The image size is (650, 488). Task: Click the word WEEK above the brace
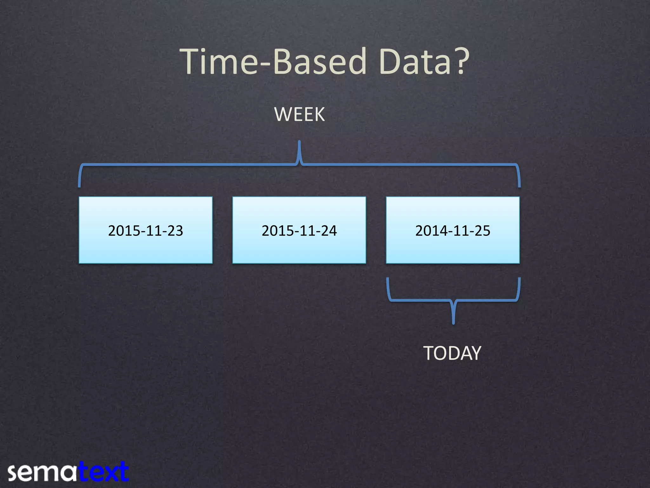pyautogui.click(x=299, y=114)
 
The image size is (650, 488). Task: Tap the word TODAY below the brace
pyautogui.click(x=452, y=353)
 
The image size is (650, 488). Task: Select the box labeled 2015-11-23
pyautogui.click(x=146, y=230)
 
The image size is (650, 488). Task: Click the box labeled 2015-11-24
pyautogui.click(x=299, y=230)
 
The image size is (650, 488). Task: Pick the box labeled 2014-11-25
pyautogui.click(x=453, y=230)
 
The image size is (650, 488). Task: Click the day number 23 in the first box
pyautogui.click(x=175, y=231)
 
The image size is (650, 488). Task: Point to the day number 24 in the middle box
pyautogui.click(x=328, y=231)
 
